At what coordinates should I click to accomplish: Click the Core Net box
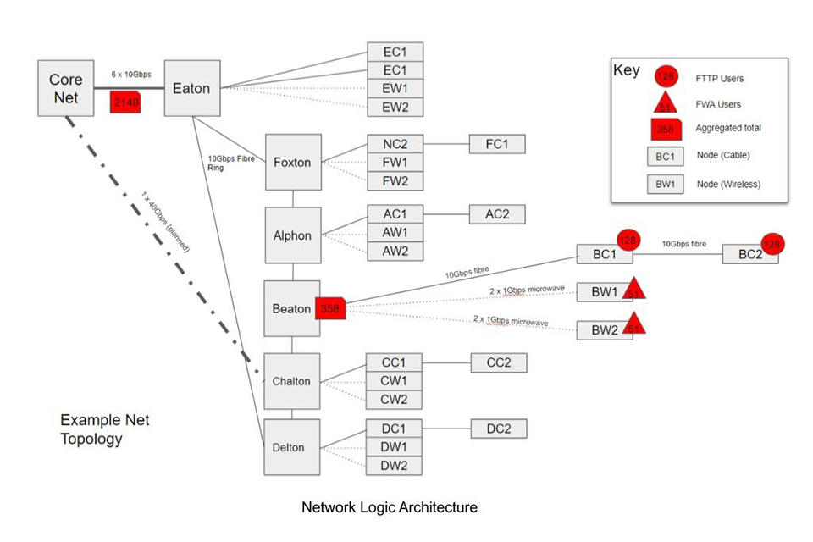point(65,89)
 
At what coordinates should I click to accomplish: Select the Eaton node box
point(191,88)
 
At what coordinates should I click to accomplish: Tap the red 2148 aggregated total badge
point(124,102)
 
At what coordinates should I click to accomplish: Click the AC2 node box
point(497,214)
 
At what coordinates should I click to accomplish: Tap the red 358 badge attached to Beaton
point(330,309)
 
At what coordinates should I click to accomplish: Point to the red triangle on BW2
point(633,324)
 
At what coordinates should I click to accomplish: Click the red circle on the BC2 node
point(772,244)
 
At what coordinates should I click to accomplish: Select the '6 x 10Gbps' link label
point(124,75)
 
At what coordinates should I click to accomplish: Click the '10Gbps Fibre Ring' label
point(222,163)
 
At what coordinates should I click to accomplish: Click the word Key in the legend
point(627,70)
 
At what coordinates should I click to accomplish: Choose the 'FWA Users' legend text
point(717,105)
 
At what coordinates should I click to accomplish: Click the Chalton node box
point(291,381)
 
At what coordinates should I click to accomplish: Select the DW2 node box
point(394,465)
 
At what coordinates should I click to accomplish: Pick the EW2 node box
point(395,107)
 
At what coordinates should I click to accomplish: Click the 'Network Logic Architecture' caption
point(390,507)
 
